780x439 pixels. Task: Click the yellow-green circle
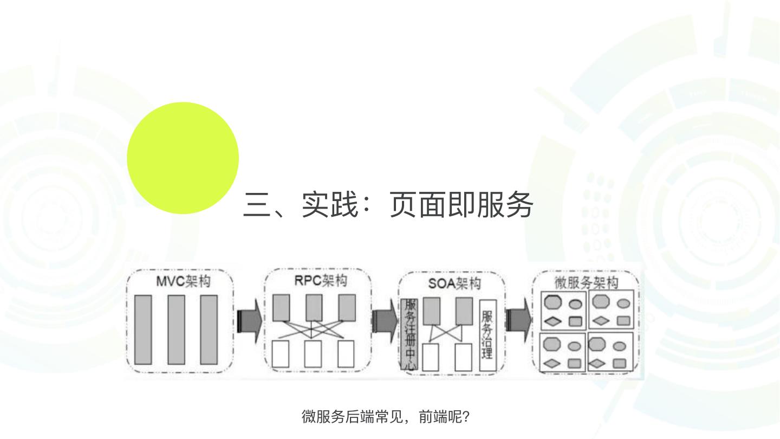pyautogui.click(x=183, y=158)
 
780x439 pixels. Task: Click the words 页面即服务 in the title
pyautogui.click(x=461, y=205)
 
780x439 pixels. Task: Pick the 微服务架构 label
pyautogui.click(x=586, y=283)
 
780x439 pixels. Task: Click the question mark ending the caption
pyautogui.click(x=466, y=417)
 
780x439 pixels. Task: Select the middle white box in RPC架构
pyautogui.click(x=313, y=354)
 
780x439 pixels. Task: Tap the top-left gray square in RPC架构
pyautogui.click(x=281, y=307)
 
